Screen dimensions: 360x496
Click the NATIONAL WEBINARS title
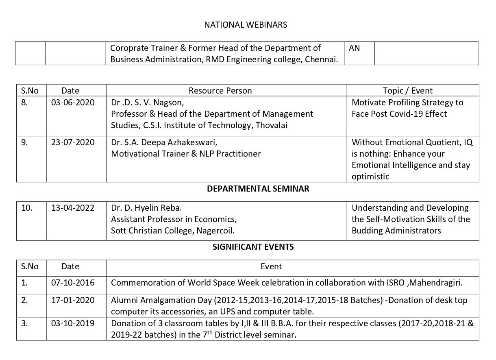click(245, 25)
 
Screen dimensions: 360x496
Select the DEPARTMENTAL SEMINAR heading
click(258, 189)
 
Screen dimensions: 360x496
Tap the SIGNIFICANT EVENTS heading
click(253, 247)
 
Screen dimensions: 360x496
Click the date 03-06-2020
click(73, 103)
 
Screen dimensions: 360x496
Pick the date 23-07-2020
click(73, 142)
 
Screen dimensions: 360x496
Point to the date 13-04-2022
click(73, 208)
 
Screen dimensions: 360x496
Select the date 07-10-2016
click(73, 282)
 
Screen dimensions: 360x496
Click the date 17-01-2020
click(73, 300)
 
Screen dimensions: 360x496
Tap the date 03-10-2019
click(73, 323)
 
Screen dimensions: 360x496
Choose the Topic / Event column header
click(407, 91)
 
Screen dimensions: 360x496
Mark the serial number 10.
click(27, 208)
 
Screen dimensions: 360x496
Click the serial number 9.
click(24, 142)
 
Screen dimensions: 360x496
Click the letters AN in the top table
click(354, 48)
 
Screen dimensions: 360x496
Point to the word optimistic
click(370, 177)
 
